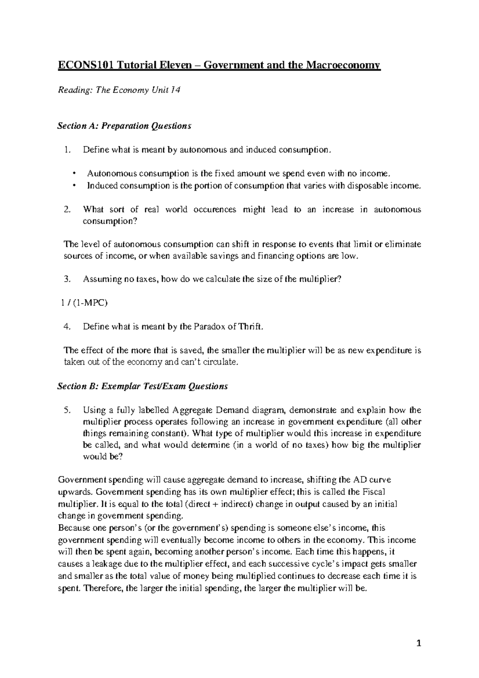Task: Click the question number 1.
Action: [67, 150]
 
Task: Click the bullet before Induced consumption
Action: [74, 186]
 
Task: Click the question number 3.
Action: [67, 280]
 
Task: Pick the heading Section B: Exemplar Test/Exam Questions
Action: [143, 386]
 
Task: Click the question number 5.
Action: [67, 410]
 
